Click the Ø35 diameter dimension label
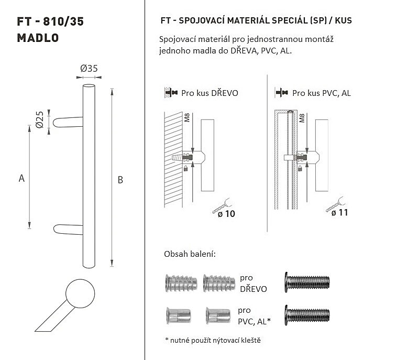[x=89, y=69]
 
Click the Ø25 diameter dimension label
[x=40, y=119]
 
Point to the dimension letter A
[x=21, y=178]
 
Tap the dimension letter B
[x=120, y=180]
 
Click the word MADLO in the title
[x=38, y=38]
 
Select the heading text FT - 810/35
[x=50, y=21]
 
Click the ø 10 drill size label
[x=226, y=214]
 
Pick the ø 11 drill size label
[x=339, y=213]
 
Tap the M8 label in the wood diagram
[x=187, y=117]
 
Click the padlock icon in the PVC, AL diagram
[x=300, y=168]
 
